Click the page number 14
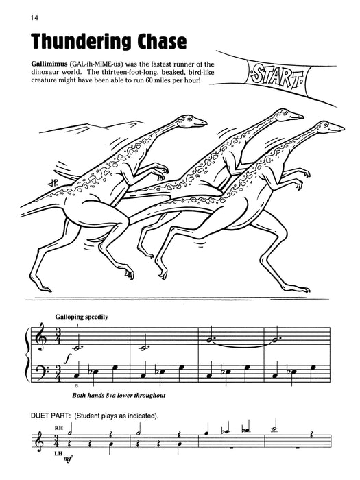point(15,17)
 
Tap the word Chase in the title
point(152,43)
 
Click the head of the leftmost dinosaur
point(195,121)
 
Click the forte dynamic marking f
point(69,358)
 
